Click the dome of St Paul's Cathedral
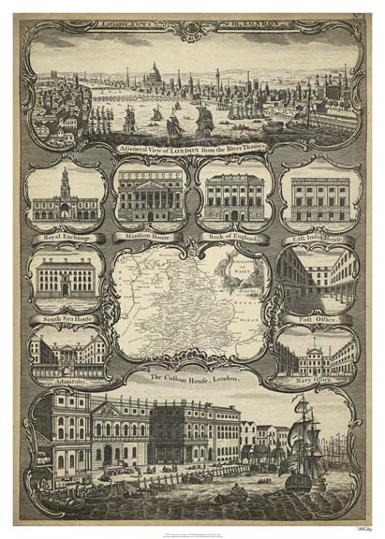(x=155, y=72)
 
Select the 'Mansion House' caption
(x=147, y=237)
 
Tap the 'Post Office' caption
(x=316, y=317)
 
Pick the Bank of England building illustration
(x=230, y=199)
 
